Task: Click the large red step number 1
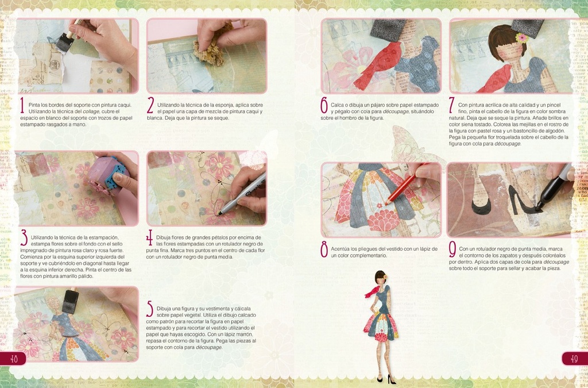pos(21,105)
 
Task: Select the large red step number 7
pos(452,105)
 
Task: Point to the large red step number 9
pos(452,249)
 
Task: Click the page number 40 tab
pos(13,358)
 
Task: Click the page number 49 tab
pos(574,358)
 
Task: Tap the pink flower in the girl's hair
pos(521,38)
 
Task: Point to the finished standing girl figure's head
pos(380,277)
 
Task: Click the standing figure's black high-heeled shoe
pos(391,379)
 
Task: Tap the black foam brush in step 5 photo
pos(70,301)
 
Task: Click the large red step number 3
pos(24,237)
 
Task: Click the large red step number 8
pos(324,249)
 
